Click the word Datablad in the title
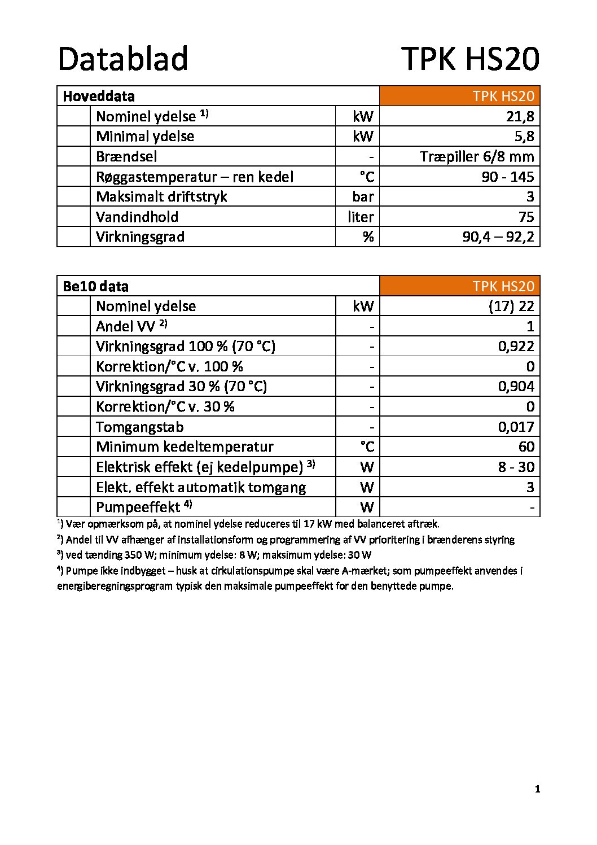click(122, 59)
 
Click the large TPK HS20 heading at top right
click(470, 59)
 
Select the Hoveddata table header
click(99, 96)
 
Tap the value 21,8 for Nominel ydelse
click(520, 116)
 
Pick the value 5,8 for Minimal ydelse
click(524, 136)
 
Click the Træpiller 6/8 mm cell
click(477, 156)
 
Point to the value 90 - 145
click(507, 177)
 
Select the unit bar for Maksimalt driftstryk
click(362, 196)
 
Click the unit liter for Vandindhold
click(361, 217)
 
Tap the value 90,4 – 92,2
click(498, 237)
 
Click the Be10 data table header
click(95, 286)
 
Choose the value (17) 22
click(511, 306)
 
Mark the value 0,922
click(516, 346)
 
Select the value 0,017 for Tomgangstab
click(516, 427)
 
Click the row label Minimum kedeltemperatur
click(185, 446)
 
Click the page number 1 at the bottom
click(537, 789)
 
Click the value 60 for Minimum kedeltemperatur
click(526, 446)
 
